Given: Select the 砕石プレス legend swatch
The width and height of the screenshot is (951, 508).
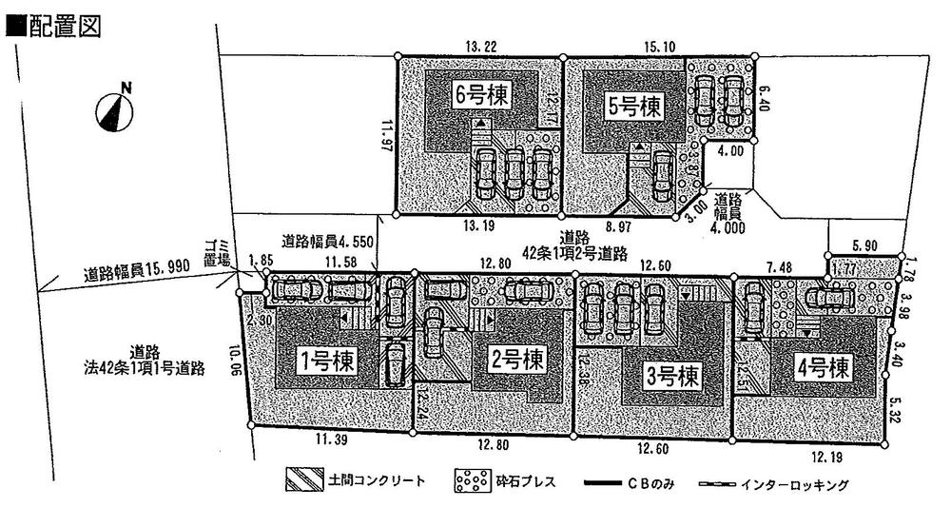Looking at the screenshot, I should (469, 481).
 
